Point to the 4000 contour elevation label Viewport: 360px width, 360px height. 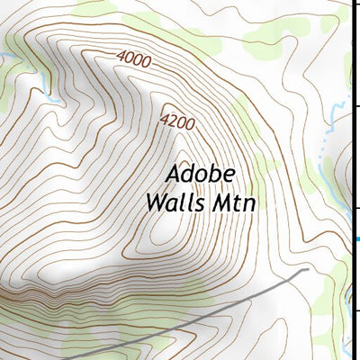[134, 59]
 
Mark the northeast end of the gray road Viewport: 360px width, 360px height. [307, 269]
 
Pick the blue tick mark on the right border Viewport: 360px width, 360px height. [356, 238]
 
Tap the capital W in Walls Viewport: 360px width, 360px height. [155, 202]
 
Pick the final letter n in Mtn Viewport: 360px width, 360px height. [249, 204]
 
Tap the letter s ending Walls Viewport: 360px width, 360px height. [201, 203]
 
